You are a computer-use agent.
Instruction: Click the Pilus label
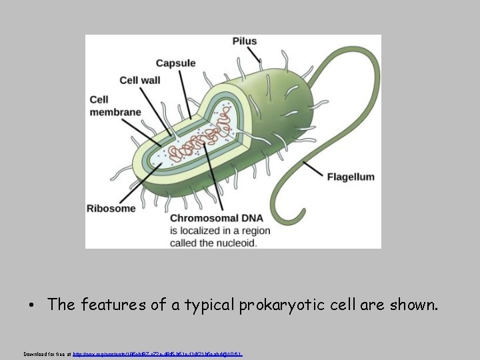[244, 41]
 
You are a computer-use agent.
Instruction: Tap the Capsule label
[175, 63]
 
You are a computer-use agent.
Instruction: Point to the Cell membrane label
[115, 106]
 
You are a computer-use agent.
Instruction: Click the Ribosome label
[111, 208]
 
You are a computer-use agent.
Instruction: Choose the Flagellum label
[350, 177]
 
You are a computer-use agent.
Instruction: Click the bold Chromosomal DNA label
[217, 218]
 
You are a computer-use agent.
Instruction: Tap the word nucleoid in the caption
[233, 243]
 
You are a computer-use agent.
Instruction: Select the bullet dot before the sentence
[31, 306]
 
